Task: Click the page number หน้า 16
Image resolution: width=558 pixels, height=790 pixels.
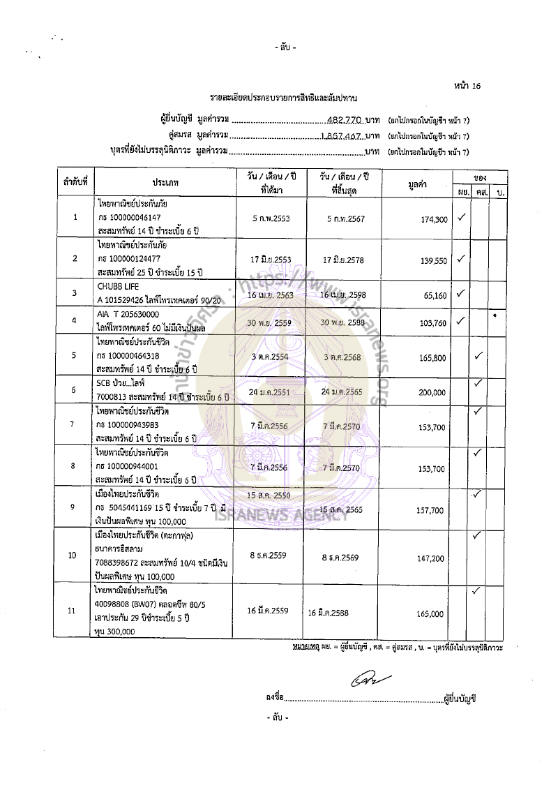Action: [x=467, y=86]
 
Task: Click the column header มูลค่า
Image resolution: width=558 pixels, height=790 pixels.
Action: [x=417, y=184]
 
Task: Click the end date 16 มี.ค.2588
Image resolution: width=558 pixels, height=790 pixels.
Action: [x=328, y=613]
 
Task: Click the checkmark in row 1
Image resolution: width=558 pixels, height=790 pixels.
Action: [x=461, y=218]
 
